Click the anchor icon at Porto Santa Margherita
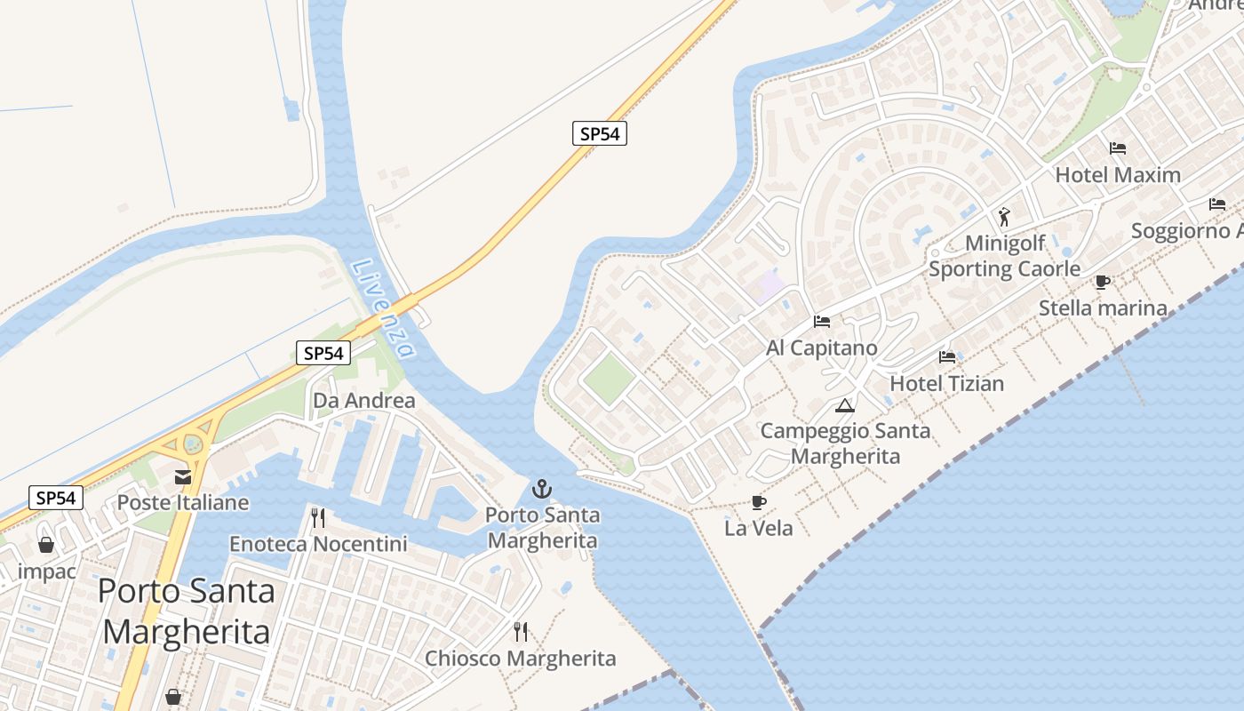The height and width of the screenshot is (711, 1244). click(x=541, y=489)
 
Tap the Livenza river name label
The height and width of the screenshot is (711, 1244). click(x=383, y=308)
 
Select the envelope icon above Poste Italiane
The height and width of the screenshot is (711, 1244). click(x=183, y=477)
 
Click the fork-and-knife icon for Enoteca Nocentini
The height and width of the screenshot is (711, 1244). click(x=318, y=518)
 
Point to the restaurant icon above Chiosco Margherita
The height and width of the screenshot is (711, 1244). click(x=521, y=632)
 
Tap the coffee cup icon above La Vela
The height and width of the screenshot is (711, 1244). click(x=758, y=503)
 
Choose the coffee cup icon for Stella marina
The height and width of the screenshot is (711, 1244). click(x=1103, y=283)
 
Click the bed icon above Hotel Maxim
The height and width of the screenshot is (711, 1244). click(x=1118, y=148)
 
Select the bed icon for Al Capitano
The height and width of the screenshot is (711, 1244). click(x=822, y=322)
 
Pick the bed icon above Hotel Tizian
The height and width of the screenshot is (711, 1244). click(x=947, y=357)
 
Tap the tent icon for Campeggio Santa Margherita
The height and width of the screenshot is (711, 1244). click(x=845, y=406)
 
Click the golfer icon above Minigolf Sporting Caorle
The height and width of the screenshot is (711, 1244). click(x=1004, y=216)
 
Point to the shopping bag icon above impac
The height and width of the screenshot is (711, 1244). click(x=46, y=545)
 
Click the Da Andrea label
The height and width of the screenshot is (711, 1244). click(x=363, y=401)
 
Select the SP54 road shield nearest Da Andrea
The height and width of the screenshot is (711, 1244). click(x=323, y=353)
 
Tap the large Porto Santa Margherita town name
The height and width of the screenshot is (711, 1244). click(x=187, y=611)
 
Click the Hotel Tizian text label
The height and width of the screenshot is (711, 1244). click(x=947, y=384)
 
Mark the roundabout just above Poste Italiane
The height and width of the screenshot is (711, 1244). click(x=192, y=442)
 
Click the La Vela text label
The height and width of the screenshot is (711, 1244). click(x=758, y=529)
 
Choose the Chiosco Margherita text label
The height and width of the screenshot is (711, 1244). click(x=521, y=659)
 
